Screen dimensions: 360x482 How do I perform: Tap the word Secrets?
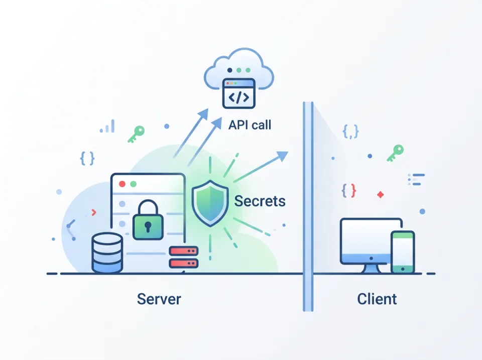(260, 201)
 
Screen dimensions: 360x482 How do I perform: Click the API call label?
(250, 125)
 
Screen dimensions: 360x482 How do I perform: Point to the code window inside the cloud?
(239, 93)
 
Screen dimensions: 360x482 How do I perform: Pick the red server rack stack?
(184, 257)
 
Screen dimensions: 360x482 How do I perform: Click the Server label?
(159, 299)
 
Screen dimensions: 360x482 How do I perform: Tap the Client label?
(377, 299)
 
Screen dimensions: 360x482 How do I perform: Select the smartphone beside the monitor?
(403, 252)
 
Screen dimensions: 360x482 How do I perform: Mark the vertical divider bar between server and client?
(308, 206)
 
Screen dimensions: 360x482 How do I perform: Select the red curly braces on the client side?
(349, 190)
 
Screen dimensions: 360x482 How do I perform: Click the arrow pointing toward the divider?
(264, 165)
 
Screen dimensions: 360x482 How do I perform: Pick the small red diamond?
(380, 194)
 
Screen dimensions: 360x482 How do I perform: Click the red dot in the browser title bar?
(122, 184)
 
